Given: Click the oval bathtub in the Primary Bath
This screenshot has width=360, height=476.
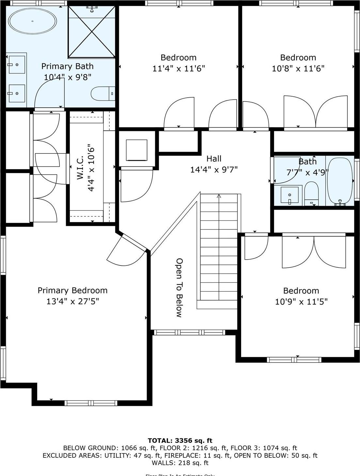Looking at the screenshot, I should click(32, 21).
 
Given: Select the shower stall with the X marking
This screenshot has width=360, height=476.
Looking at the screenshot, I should click(92, 32).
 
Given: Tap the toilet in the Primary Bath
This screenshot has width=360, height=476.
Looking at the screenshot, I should click(103, 94).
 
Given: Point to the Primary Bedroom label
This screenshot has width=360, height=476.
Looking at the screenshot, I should click(73, 290).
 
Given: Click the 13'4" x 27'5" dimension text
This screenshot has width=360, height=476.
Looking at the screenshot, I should click(73, 301).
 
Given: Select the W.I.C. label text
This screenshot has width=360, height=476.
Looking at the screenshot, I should click(80, 167).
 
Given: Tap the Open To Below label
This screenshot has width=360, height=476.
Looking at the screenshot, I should click(179, 288).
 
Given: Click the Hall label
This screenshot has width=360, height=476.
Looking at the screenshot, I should click(214, 159).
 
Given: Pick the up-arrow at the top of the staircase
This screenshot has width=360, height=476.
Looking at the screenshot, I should click(219, 196).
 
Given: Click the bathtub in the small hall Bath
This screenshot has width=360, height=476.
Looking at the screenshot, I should click(340, 181).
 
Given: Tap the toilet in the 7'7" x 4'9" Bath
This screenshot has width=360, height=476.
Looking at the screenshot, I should click(311, 193).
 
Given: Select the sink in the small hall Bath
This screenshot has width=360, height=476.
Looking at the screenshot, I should click(289, 195).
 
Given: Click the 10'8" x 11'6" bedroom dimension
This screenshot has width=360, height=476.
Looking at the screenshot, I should click(298, 69).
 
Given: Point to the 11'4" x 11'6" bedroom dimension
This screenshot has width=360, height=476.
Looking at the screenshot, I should click(178, 69).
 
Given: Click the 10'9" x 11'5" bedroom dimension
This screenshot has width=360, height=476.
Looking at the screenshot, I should click(301, 301).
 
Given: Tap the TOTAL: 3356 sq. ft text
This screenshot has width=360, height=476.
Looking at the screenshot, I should click(180, 440).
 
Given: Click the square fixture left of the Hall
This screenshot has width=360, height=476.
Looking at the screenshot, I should click(137, 150).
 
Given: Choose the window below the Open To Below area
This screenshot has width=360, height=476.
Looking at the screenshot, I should click(189, 332).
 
